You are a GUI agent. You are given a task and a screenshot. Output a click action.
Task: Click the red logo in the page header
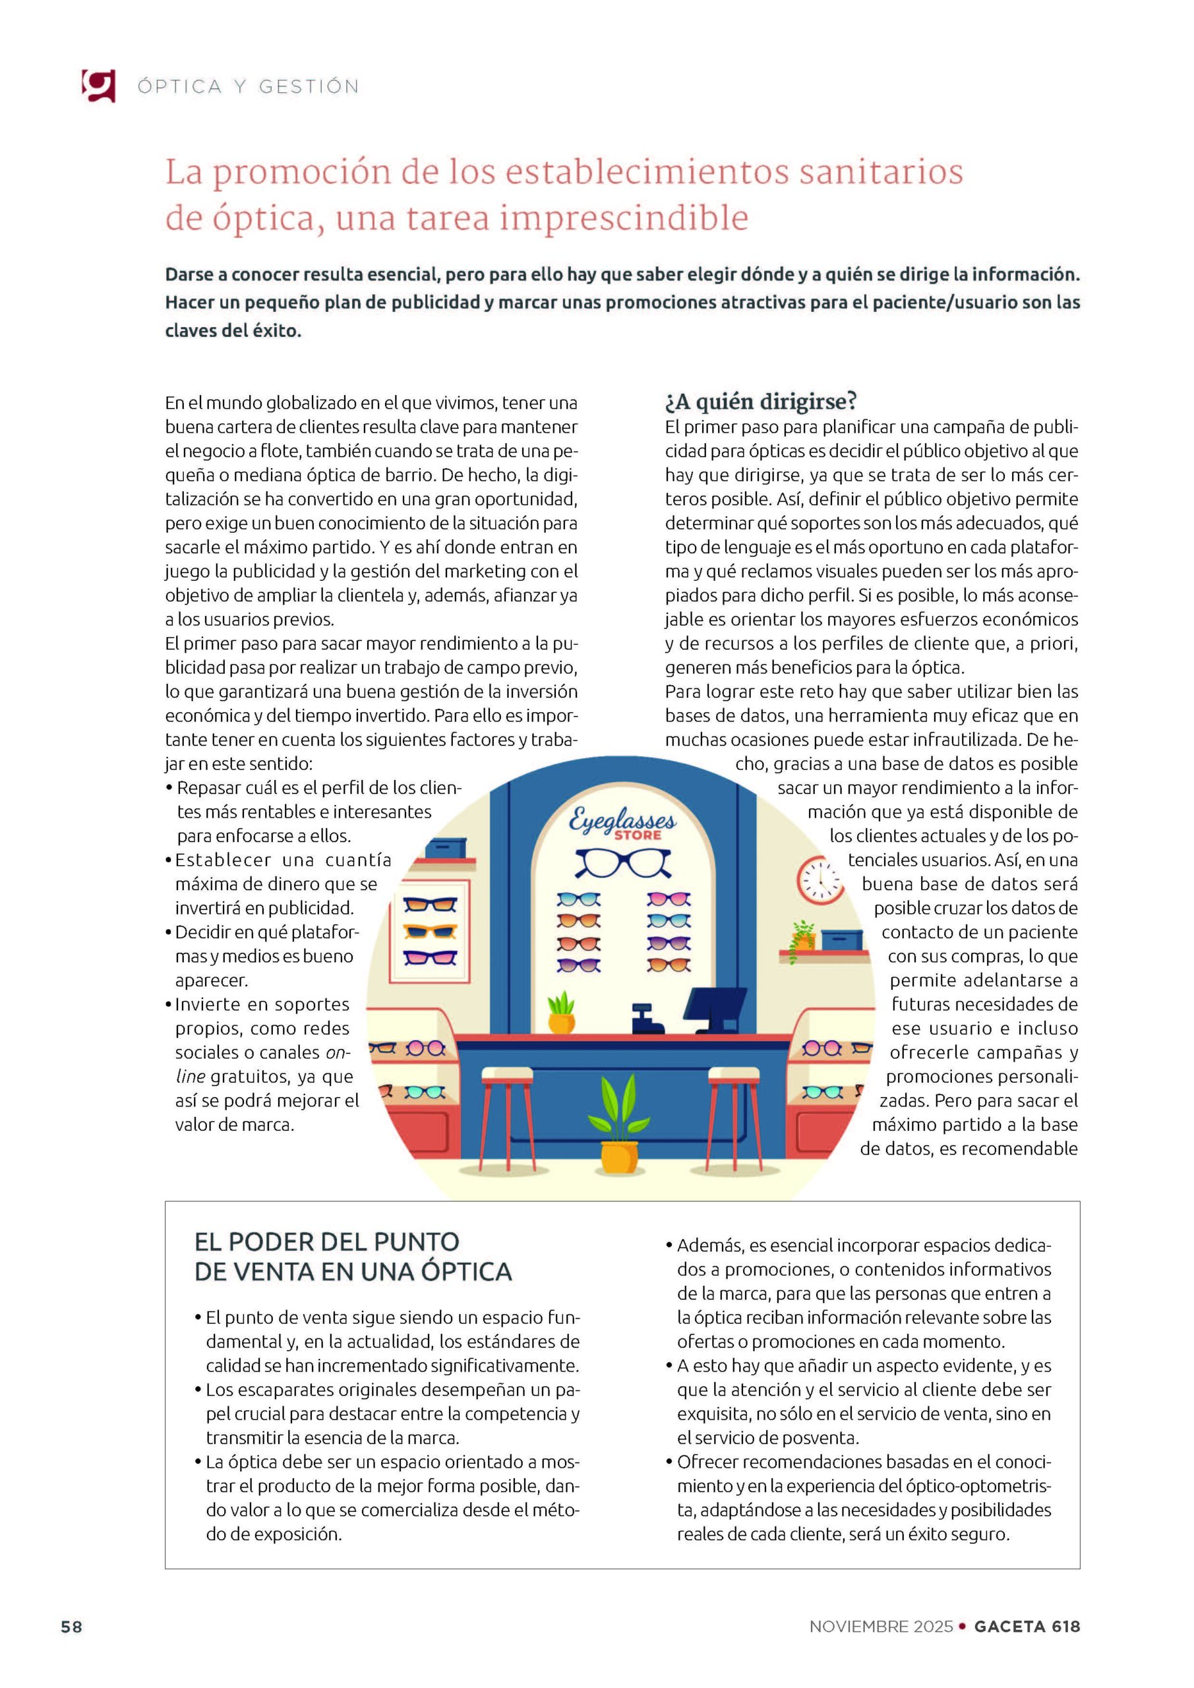tap(98, 85)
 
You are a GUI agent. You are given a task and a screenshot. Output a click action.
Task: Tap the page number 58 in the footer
tap(71, 1627)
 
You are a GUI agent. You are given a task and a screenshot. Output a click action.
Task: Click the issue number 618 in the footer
tap(1065, 1627)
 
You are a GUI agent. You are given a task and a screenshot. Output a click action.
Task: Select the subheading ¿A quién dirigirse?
tap(761, 402)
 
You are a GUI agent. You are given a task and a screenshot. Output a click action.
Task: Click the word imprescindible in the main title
tap(624, 218)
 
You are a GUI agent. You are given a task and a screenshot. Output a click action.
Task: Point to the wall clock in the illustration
tap(821, 880)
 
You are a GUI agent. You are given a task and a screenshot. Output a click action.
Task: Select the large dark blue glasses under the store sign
tap(623, 863)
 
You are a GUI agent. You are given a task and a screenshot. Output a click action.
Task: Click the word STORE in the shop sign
tap(638, 835)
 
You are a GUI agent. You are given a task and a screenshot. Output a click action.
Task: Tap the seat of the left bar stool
tap(506, 1076)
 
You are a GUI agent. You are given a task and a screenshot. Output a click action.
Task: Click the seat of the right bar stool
tap(733, 1076)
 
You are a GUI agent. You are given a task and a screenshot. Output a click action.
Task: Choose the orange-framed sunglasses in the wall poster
tap(430, 932)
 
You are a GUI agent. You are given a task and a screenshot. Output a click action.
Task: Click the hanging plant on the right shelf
tap(803, 938)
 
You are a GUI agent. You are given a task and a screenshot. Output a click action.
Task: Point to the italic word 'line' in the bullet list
tap(191, 1076)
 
